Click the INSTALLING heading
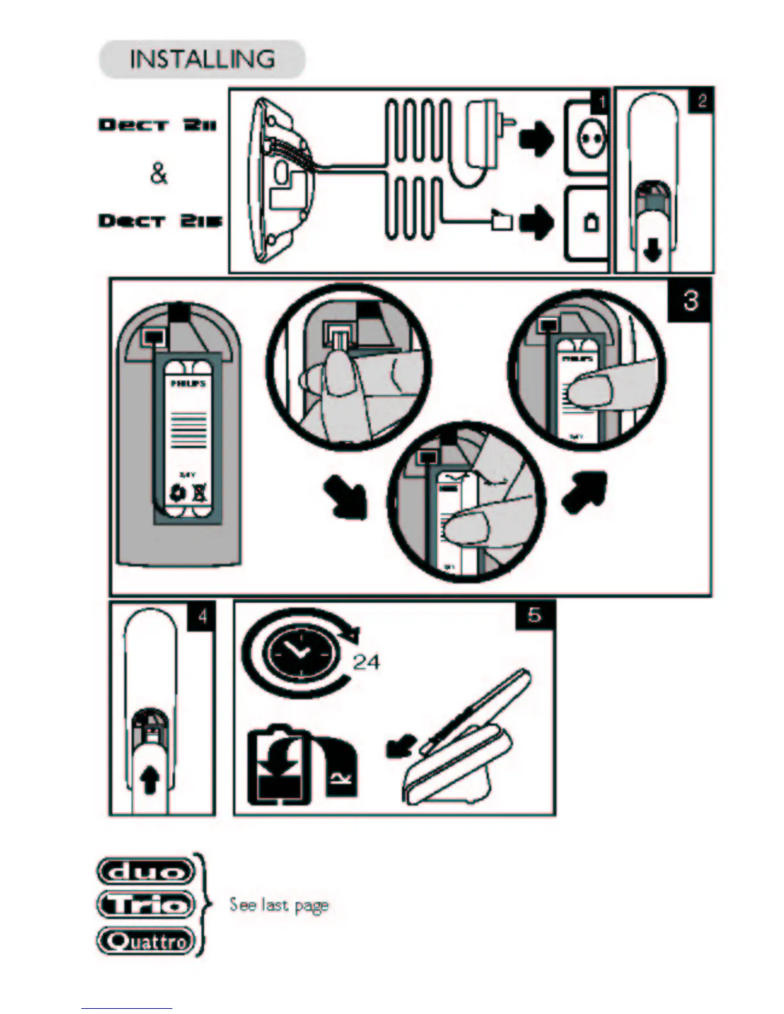[x=202, y=59]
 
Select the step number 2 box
[x=701, y=101]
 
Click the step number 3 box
[x=690, y=300]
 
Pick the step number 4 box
[x=202, y=616]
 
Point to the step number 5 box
[x=534, y=615]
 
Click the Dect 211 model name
[x=158, y=124]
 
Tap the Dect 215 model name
[x=159, y=221]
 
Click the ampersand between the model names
[x=158, y=172]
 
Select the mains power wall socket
[x=586, y=138]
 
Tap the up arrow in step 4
[x=149, y=781]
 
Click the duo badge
[x=145, y=871]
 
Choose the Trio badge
[x=145, y=905]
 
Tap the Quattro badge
[x=145, y=940]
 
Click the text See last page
[x=279, y=905]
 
